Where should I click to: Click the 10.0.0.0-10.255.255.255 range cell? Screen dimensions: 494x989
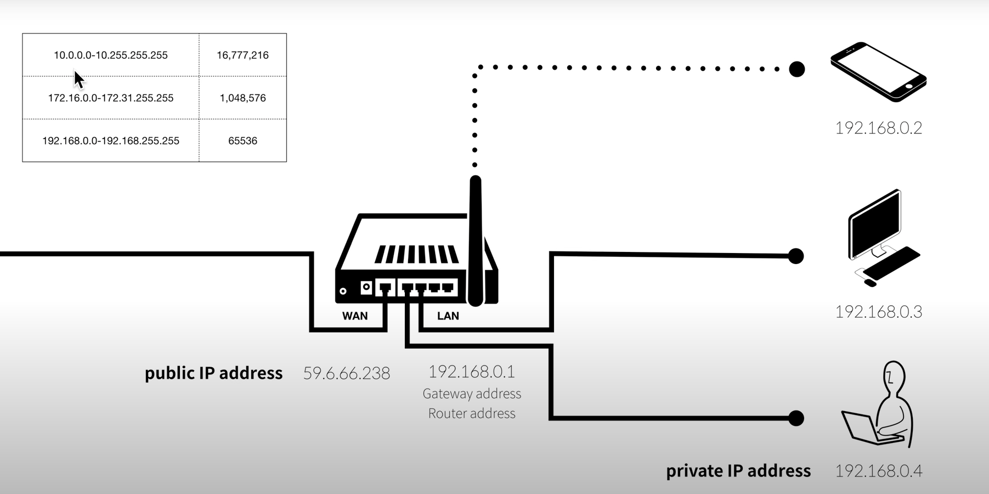[x=110, y=55]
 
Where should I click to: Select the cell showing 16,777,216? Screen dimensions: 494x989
[x=242, y=55]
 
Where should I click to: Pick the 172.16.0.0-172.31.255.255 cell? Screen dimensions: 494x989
[x=110, y=98]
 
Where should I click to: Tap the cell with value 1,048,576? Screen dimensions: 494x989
[x=242, y=98]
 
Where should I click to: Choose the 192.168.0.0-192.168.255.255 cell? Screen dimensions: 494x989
[x=110, y=141]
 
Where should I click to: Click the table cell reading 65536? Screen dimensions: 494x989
[x=242, y=141]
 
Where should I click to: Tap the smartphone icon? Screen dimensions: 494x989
[x=878, y=72]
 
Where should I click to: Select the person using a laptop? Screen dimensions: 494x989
[x=881, y=406]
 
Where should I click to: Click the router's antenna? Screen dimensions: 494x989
[x=476, y=242]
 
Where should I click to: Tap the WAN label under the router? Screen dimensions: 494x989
[x=355, y=316]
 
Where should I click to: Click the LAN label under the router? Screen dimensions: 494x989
[x=448, y=316]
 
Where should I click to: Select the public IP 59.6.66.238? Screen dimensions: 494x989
[x=347, y=373]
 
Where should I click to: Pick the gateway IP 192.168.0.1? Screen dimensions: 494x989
[x=471, y=372]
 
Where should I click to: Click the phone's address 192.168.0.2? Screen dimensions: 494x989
[x=878, y=128]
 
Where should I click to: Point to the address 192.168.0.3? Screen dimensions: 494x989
[x=878, y=312]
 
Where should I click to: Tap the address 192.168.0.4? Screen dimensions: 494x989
[x=878, y=471]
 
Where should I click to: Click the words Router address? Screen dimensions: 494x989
[x=471, y=413]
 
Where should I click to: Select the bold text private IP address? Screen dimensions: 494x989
[x=738, y=471]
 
